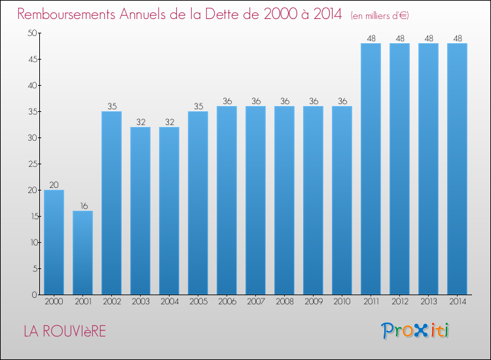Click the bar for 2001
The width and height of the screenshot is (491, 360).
82,253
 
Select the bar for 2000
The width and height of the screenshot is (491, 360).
54,242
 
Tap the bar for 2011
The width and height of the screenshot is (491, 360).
371,169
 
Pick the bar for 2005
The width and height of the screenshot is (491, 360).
198,203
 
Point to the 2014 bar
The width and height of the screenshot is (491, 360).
457,169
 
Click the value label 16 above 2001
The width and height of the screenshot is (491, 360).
84,206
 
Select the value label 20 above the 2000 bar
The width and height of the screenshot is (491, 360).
54,185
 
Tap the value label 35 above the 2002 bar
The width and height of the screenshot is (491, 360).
112,107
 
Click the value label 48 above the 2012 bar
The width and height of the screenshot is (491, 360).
400,39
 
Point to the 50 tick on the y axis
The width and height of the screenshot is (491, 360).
32,33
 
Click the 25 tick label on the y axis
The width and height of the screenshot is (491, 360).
33,164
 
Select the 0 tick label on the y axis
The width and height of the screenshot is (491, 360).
35,295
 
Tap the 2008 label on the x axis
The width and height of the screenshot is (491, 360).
285,301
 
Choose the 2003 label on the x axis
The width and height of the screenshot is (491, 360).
141,301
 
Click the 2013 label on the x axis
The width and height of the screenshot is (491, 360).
429,301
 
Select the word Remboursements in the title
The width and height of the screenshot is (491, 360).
66,14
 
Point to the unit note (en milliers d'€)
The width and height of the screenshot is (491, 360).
380,16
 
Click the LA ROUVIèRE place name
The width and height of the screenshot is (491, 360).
65,331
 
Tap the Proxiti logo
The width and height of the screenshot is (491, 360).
415,331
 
